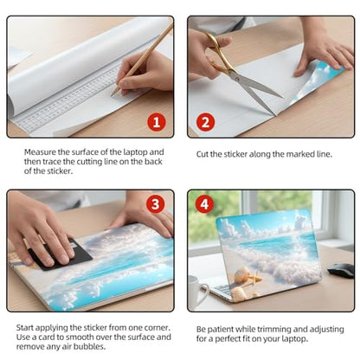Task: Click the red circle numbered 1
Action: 157,122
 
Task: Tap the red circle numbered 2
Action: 205,122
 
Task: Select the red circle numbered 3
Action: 156,204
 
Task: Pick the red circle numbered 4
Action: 204,204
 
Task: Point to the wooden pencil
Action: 142,59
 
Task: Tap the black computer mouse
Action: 341,270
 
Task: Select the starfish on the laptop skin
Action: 254,280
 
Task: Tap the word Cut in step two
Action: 202,154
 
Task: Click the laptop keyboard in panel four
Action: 222,290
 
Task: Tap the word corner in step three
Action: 157,328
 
